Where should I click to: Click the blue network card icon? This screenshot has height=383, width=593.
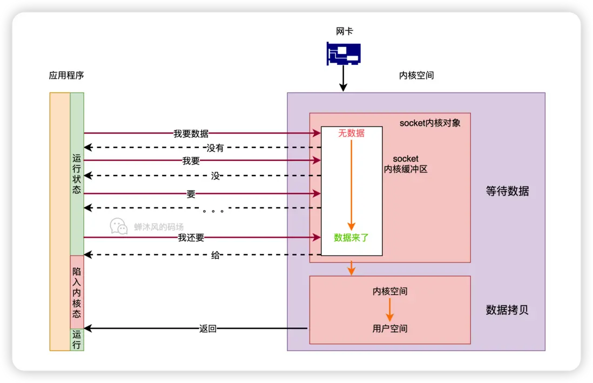tap(343, 53)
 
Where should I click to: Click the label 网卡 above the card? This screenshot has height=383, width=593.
tap(344, 31)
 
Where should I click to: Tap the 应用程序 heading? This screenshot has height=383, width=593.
tap(66, 76)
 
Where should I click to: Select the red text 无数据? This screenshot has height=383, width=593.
tap(351, 133)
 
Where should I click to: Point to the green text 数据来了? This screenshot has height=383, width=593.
tap(351, 237)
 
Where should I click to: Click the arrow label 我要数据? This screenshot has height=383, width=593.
tap(191, 133)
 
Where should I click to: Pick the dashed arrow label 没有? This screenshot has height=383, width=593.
tap(215, 148)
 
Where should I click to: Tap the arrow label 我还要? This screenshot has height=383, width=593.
tap(191, 238)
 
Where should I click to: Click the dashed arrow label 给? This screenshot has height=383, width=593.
tap(215, 256)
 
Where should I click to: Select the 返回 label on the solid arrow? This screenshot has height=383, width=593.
tap(208, 328)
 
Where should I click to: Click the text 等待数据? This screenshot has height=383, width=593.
tap(507, 191)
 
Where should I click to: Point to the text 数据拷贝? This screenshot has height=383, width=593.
tap(507, 310)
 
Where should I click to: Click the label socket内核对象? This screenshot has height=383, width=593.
tap(430, 123)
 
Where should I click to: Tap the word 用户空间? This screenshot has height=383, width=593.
tap(390, 328)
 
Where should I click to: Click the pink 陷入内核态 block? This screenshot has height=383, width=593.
tap(77, 292)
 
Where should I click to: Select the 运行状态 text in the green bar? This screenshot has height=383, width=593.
tap(77, 175)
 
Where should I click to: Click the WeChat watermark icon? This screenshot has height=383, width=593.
tap(119, 227)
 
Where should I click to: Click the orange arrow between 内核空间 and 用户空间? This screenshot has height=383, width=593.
tap(389, 310)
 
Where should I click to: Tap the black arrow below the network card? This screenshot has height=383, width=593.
tap(343, 79)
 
